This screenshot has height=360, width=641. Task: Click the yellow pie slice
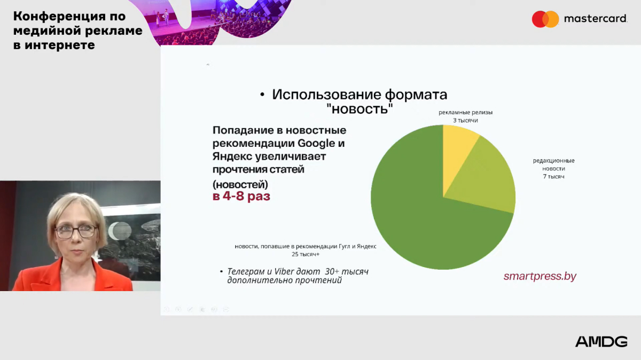tap(457, 152)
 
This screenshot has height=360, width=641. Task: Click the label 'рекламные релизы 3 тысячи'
tap(466, 116)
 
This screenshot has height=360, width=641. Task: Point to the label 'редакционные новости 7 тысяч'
tap(554, 169)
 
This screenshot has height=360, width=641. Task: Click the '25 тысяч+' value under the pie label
tap(306, 254)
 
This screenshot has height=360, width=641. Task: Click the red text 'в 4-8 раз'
tap(241, 197)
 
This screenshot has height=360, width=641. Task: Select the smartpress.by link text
tap(540, 276)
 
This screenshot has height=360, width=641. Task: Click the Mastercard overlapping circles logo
tap(545, 19)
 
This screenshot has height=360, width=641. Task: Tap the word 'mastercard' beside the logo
tap(596, 19)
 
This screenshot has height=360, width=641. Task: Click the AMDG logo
tap(601, 342)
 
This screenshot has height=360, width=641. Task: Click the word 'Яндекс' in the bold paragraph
tap(232, 156)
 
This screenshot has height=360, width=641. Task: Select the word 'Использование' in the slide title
tap(326, 95)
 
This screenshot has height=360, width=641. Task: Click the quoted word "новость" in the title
tap(359, 109)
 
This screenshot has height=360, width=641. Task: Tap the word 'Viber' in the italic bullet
tap(284, 271)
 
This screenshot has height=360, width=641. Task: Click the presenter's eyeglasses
tap(76, 231)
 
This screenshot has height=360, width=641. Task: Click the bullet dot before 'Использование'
tap(262, 95)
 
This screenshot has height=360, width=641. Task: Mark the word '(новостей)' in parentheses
tap(240, 185)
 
